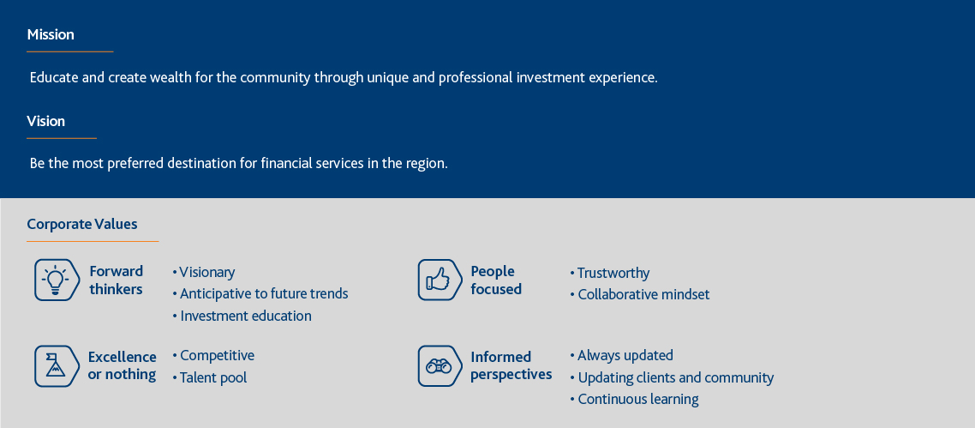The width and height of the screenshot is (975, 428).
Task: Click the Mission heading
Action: point(51,34)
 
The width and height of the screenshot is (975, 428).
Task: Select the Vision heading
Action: point(46,121)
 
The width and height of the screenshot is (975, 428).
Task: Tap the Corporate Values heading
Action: point(82,224)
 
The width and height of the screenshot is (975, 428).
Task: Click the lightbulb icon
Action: point(57,280)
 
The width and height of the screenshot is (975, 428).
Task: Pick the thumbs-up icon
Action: point(440,280)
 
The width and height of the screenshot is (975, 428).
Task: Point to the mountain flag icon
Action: point(57,365)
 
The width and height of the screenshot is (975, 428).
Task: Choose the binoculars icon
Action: point(440,365)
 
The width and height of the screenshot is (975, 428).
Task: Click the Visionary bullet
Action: point(204,273)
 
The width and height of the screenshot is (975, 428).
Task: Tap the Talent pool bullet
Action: point(210,377)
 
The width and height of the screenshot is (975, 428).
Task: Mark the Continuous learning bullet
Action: point(634,400)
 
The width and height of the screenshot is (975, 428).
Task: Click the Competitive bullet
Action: point(213,356)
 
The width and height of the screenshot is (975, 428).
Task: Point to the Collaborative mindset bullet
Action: point(640,294)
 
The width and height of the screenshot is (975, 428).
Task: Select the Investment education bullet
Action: point(242,316)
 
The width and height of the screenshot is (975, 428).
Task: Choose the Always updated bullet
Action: point(622,356)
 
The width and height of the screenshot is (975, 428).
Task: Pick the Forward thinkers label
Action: point(117,280)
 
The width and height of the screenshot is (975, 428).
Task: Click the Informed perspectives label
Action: point(511,365)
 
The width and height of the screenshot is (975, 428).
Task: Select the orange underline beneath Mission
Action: point(69,51)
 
